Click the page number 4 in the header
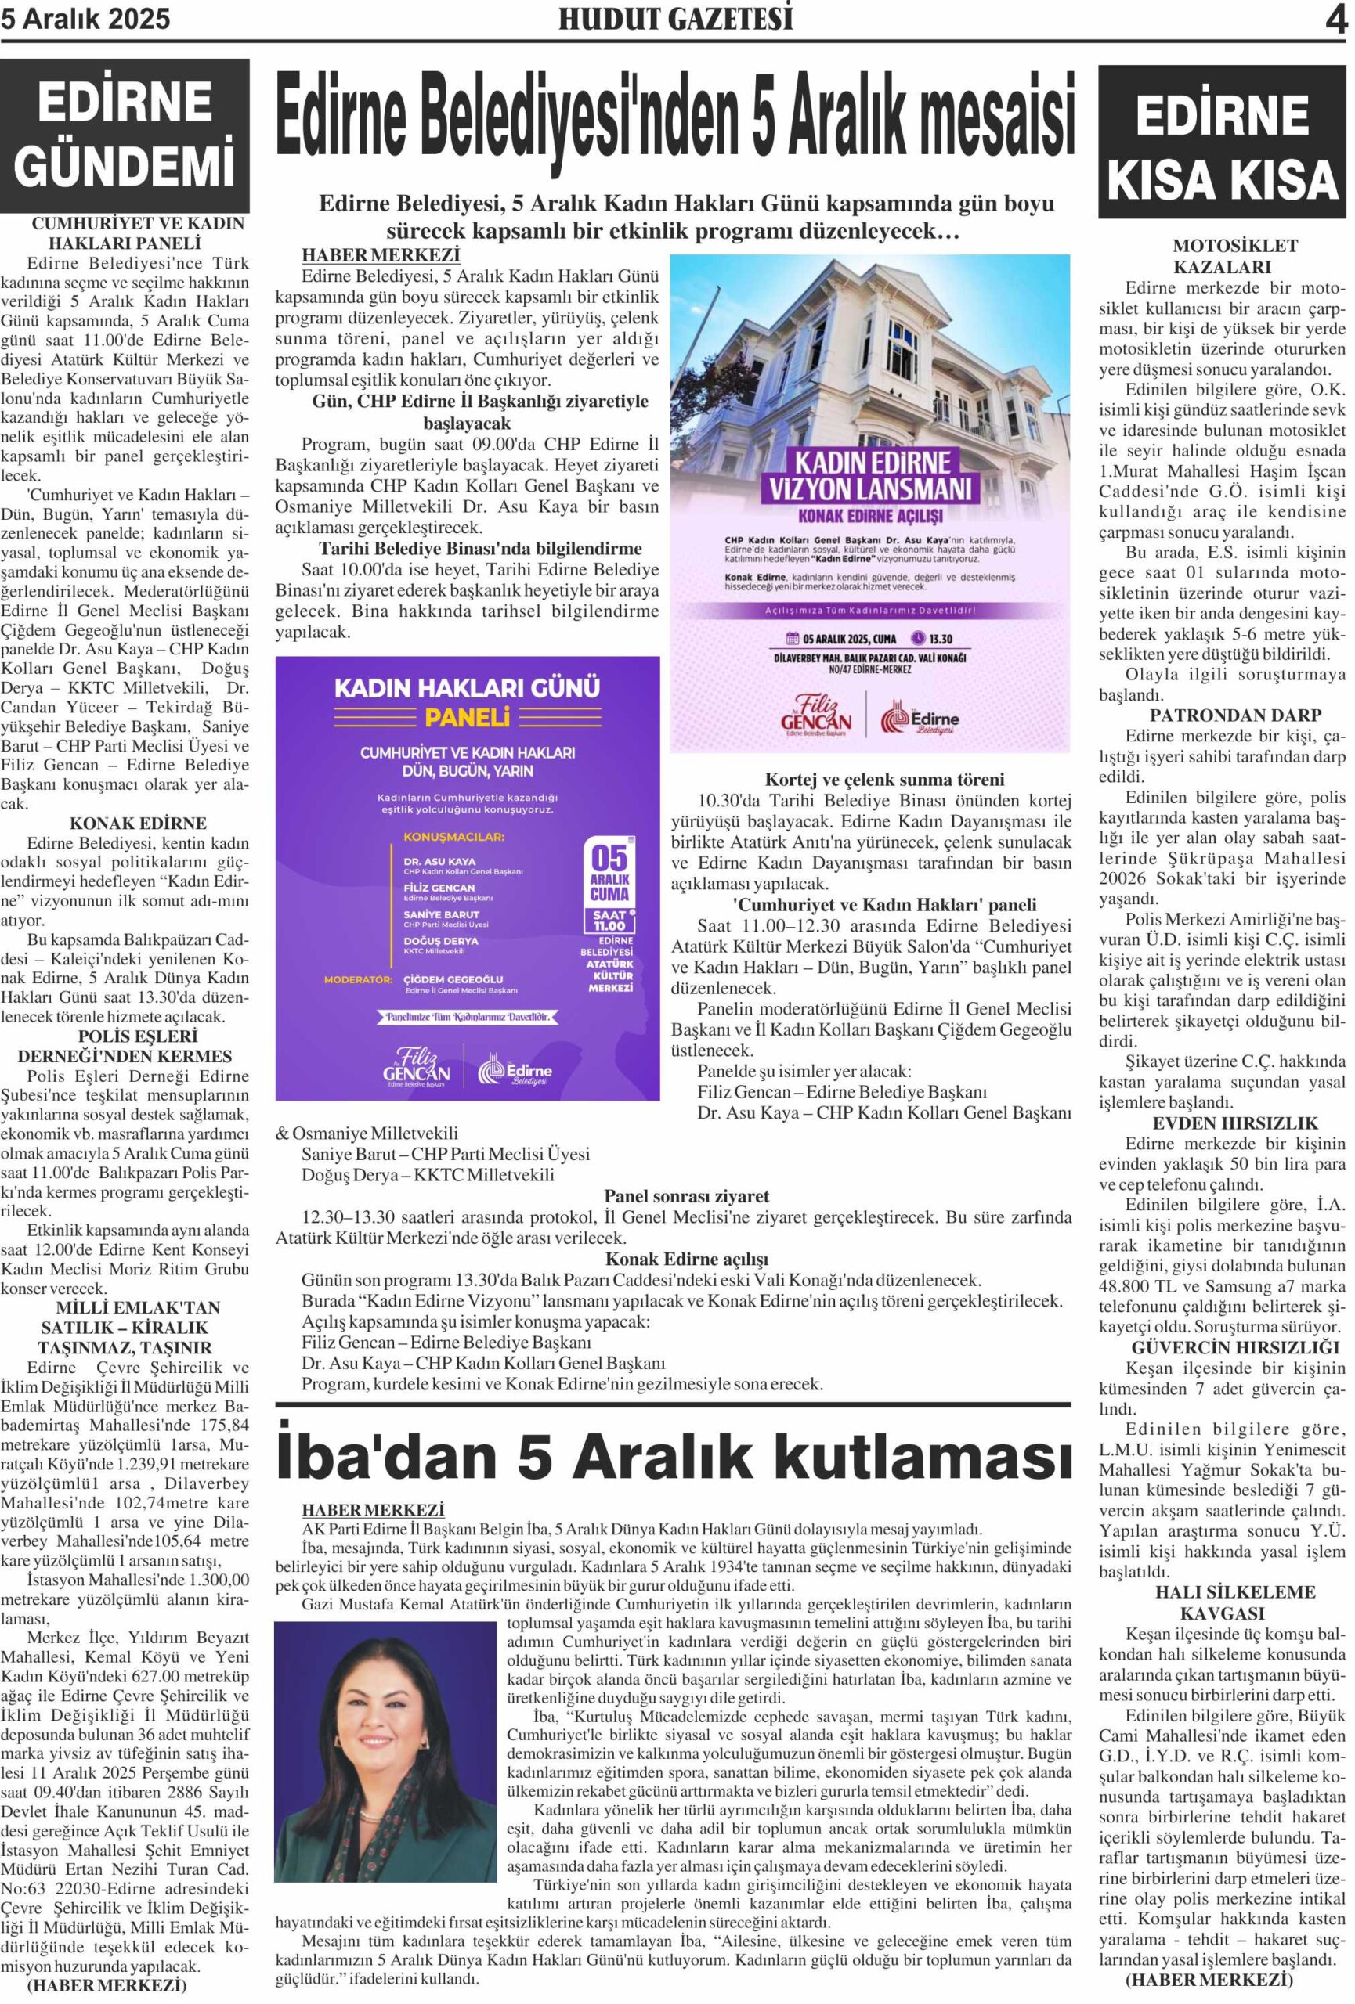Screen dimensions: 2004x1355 pyautogui.click(x=1335, y=20)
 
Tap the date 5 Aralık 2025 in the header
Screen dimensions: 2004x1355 pyautogui.click(x=85, y=19)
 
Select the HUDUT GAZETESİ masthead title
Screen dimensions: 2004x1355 pyautogui.click(x=675, y=19)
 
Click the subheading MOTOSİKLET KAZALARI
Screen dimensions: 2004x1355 pyautogui.click(x=1221, y=256)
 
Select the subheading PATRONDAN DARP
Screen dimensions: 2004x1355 pyautogui.click(x=1221, y=715)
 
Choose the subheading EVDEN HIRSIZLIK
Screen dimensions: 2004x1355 pyautogui.click(x=1221, y=1123)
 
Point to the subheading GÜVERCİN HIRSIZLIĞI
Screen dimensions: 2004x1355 pyautogui.click(x=1221, y=1347)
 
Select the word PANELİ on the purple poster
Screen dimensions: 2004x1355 pyautogui.click(x=467, y=716)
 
